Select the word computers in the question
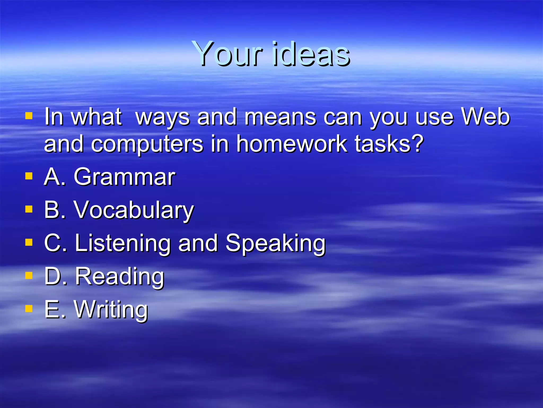147,144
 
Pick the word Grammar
124,177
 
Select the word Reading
120,277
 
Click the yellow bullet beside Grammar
29,176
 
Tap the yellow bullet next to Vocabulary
29,209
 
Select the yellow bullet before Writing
29,309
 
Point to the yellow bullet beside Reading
29,275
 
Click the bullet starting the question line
29,116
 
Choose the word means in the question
280,117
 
